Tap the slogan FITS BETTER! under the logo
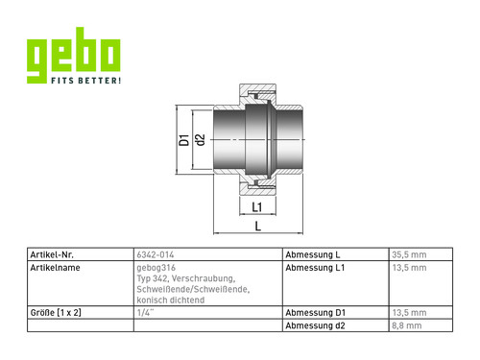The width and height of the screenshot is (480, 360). (x=86, y=80)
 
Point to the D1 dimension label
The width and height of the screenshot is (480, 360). (x=184, y=140)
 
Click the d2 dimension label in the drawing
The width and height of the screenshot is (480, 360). (x=200, y=140)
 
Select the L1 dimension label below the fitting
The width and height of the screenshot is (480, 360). (x=257, y=207)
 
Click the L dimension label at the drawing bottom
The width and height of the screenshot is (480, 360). (x=258, y=227)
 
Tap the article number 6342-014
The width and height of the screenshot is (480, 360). (x=156, y=254)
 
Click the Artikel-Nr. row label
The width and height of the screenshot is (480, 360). (x=52, y=254)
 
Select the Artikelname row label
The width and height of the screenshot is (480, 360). (x=55, y=268)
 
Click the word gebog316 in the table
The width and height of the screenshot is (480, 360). (x=156, y=268)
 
